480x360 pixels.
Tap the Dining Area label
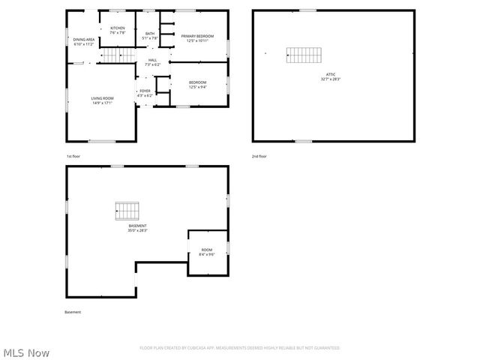(x=83, y=41)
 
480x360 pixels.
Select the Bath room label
(x=150, y=35)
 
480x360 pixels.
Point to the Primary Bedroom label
(x=196, y=37)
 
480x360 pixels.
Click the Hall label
(x=152, y=62)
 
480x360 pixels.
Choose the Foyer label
(x=145, y=93)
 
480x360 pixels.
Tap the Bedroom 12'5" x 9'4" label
(x=197, y=84)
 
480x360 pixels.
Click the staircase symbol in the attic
(x=304, y=55)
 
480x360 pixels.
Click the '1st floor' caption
(x=73, y=156)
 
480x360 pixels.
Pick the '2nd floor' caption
(x=259, y=156)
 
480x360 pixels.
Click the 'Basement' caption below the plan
(x=73, y=312)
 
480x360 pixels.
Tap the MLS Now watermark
(x=26, y=352)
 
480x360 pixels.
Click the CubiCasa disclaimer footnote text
(x=240, y=348)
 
